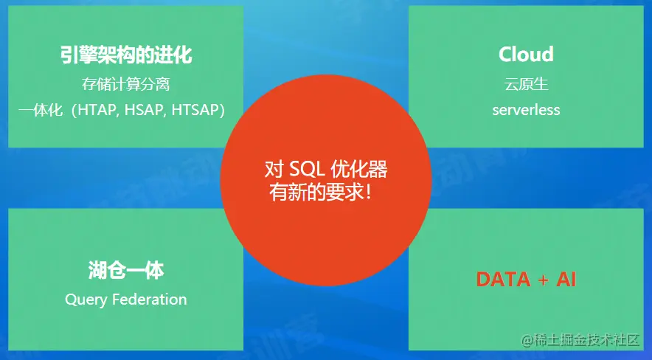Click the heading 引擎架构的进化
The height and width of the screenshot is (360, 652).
(126, 55)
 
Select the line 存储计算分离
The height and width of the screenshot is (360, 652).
(125, 84)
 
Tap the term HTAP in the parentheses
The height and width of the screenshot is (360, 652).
(97, 110)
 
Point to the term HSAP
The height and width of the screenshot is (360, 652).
(145, 110)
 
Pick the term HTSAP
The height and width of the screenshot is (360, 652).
(195, 110)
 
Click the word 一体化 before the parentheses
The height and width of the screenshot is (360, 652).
(41, 110)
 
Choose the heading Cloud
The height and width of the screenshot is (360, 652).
(526, 55)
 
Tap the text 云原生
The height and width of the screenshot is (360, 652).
(526, 84)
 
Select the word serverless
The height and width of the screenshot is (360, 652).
(526, 110)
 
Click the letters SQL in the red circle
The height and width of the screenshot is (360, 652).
(307, 170)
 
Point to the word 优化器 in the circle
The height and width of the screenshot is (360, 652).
(359, 170)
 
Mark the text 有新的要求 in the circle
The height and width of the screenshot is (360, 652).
(314, 193)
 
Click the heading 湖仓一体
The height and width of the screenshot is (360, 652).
(126, 271)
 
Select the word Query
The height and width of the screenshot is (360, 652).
(86, 300)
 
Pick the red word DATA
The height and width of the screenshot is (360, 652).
(503, 280)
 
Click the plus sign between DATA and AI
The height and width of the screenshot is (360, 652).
(543, 280)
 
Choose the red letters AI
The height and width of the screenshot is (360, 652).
(566, 280)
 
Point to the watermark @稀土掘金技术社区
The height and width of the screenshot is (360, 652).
(580, 340)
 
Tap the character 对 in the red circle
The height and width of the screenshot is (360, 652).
(274, 170)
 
